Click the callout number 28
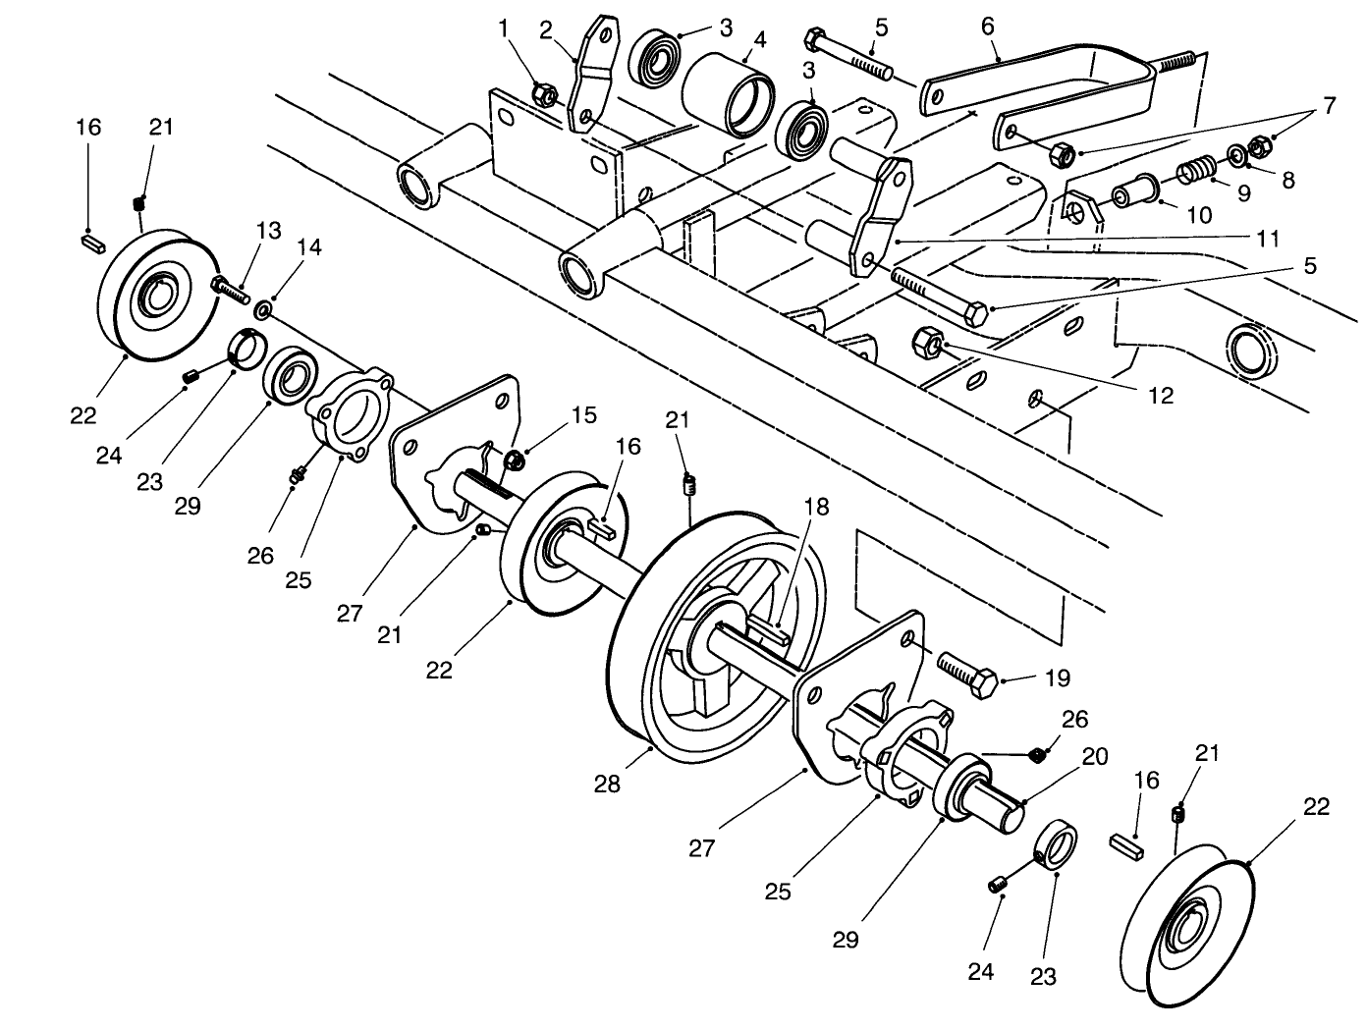coord(607,785)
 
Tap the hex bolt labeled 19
coord(967,674)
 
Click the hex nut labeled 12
coord(929,344)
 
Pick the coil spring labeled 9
coord(1191,171)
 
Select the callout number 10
coord(1199,214)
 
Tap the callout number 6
coord(989,27)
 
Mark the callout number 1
coord(506,28)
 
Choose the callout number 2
coord(545,28)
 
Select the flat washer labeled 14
coord(264,311)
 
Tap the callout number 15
coord(583,414)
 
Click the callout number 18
coord(816,507)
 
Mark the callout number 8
coord(1287,181)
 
